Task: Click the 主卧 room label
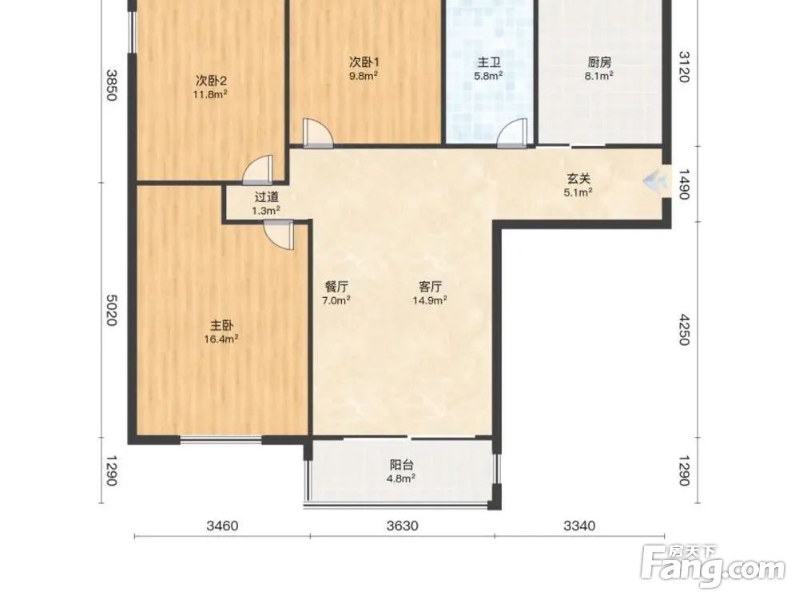221,325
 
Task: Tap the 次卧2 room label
211,81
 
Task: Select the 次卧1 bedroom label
364,62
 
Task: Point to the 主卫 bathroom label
489,62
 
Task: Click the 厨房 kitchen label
599,62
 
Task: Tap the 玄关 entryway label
578,179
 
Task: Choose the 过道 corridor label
267,196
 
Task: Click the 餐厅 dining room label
336,286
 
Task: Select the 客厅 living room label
430,286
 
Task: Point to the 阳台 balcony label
402,465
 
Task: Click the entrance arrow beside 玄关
656,180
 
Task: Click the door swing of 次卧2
258,170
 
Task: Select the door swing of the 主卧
279,235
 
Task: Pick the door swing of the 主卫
513,133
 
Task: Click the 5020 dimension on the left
112,310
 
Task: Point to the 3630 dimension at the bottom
403,526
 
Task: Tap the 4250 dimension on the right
685,329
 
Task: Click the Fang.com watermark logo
714,565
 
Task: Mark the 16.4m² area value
221,339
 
